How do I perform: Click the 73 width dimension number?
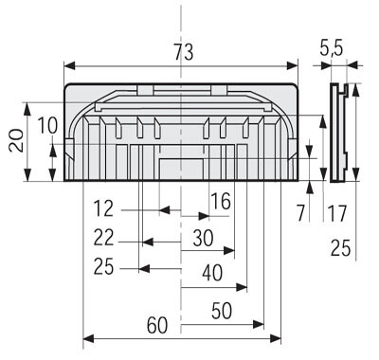click(x=184, y=52)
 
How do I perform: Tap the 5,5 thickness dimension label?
click(x=331, y=48)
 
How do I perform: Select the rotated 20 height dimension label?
click(x=16, y=141)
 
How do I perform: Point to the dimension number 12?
click(x=103, y=208)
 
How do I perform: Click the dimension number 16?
click(x=221, y=202)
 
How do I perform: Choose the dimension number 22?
click(x=103, y=238)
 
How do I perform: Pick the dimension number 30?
click(x=203, y=239)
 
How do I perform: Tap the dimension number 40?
click(x=212, y=273)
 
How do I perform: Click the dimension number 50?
click(x=222, y=311)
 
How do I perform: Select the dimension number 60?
click(x=157, y=325)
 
